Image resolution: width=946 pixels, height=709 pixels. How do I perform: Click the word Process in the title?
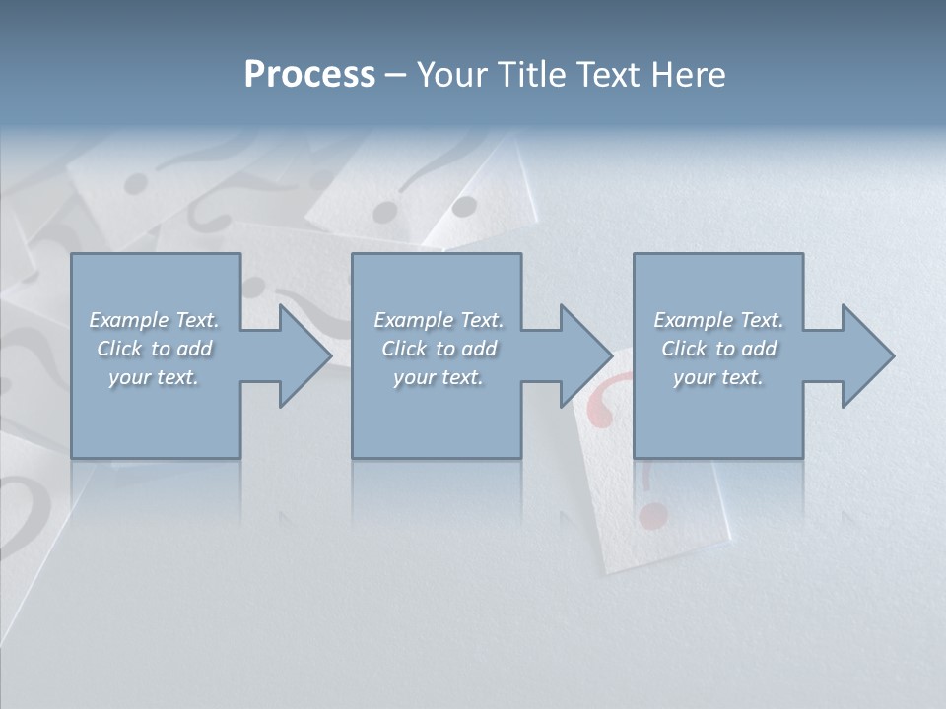(309, 75)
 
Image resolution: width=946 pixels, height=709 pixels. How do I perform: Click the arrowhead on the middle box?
(583, 355)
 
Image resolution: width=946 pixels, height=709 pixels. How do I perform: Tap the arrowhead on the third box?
(865, 355)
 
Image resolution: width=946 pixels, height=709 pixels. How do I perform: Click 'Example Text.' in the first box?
(155, 320)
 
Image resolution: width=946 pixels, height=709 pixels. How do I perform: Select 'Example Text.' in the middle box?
(439, 320)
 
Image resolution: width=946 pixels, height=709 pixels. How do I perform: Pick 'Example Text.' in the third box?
(718, 320)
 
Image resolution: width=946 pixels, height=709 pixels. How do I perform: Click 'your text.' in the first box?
(154, 377)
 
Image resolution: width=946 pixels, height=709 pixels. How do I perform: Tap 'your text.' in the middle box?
(438, 377)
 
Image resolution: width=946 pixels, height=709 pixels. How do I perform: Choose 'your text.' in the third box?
(717, 377)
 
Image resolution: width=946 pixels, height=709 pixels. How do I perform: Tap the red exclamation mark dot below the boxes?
(651, 515)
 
